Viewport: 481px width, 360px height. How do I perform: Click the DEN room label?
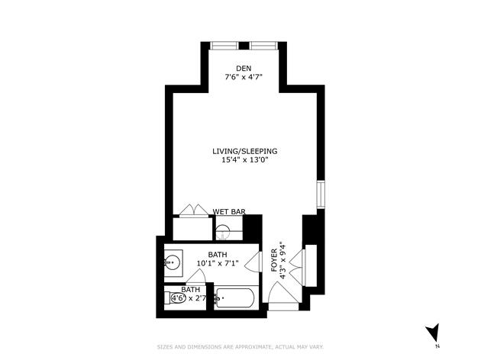[x=244, y=69]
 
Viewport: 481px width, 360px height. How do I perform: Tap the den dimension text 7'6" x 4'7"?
[x=244, y=78]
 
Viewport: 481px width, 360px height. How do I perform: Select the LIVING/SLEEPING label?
[x=244, y=151]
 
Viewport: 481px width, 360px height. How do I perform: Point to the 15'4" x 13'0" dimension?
[x=244, y=160]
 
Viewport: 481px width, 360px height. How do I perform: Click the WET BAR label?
[x=228, y=211]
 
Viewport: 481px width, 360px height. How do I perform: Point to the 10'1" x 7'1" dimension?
[x=218, y=264]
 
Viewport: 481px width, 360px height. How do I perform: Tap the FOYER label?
[x=274, y=260]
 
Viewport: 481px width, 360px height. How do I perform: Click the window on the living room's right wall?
[x=321, y=194]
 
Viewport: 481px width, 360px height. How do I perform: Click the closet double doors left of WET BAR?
[x=190, y=211]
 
